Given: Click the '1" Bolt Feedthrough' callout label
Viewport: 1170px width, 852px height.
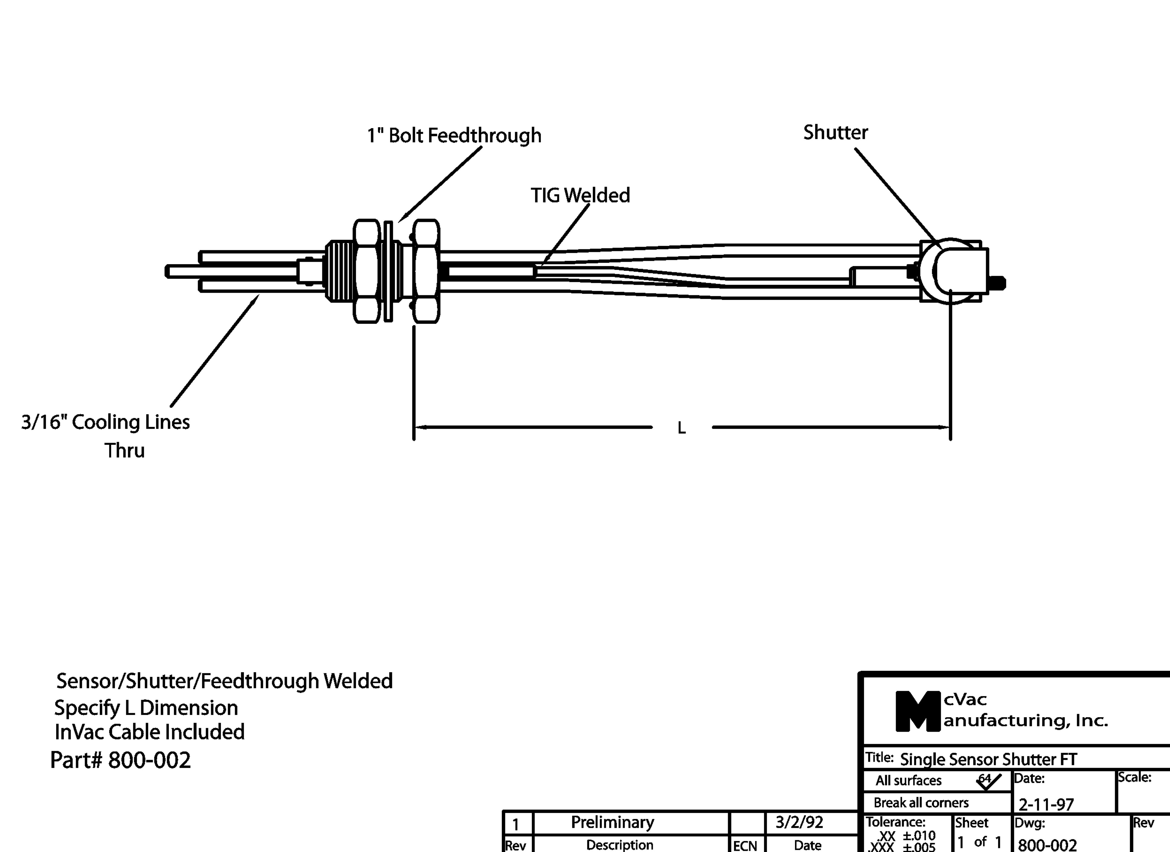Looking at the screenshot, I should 454,136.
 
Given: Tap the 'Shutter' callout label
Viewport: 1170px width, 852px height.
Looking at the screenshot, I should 835,133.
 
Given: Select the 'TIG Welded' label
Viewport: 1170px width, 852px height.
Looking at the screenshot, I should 580,195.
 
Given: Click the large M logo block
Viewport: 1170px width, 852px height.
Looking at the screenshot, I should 917,712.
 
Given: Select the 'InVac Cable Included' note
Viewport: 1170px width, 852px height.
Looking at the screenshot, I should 149,732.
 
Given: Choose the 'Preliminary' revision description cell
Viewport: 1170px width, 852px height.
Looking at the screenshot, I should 612,822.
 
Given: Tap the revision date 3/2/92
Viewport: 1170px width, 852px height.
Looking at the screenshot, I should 799,822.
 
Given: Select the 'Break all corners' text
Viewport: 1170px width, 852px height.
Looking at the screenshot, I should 921,802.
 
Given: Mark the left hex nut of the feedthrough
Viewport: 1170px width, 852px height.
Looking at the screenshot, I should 367,271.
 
